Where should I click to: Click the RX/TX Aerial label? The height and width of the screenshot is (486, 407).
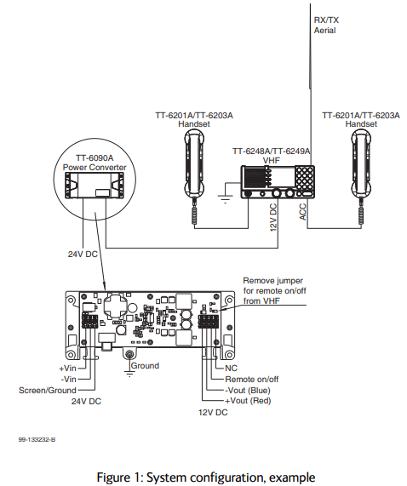tap(326, 25)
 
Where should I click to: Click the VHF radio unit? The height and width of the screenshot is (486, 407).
tap(278, 182)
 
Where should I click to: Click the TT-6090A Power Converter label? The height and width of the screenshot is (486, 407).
tap(95, 163)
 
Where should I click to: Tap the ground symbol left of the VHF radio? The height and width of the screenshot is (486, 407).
tap(225, 198)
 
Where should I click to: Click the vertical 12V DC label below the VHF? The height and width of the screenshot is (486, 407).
tap(273, 218)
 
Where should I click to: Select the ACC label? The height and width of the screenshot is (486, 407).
tap(303, 212)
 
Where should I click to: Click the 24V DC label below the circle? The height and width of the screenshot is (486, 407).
tap(83, 254)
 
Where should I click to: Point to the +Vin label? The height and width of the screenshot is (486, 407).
tap(67, 369)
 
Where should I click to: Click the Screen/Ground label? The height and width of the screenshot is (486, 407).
tap(48, 390)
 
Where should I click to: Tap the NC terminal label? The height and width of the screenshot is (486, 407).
tap(231, 369)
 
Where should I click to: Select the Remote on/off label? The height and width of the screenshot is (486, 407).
tap(252, 379)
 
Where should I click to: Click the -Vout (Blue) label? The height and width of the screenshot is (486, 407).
tap(248, 390)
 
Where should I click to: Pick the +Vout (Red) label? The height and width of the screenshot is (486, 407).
tap(248, 401)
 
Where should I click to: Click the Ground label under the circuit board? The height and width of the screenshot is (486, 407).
tap(145, 366)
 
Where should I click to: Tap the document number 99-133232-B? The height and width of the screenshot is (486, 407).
tap(37, 439)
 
